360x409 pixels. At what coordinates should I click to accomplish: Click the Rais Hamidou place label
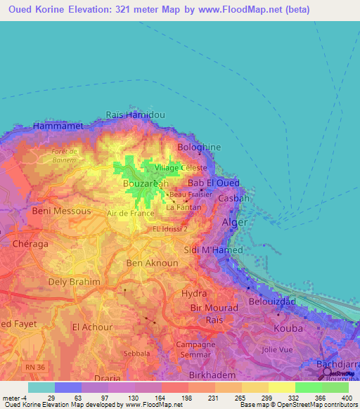point(135,115)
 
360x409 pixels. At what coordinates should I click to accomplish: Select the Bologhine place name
point(198,148)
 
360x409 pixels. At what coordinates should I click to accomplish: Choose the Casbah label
point(235,199)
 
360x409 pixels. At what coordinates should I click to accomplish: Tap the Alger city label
point(234,222)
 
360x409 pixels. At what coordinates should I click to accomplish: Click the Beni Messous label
point(62,211)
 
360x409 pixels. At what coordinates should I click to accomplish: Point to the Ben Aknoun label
point(152,263)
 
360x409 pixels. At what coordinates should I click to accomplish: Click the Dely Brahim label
point(75,282)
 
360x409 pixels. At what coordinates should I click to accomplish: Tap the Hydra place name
point(194,293)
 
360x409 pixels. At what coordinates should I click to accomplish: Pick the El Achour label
point(92,327)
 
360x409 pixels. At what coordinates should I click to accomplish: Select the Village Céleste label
point(181,169)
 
